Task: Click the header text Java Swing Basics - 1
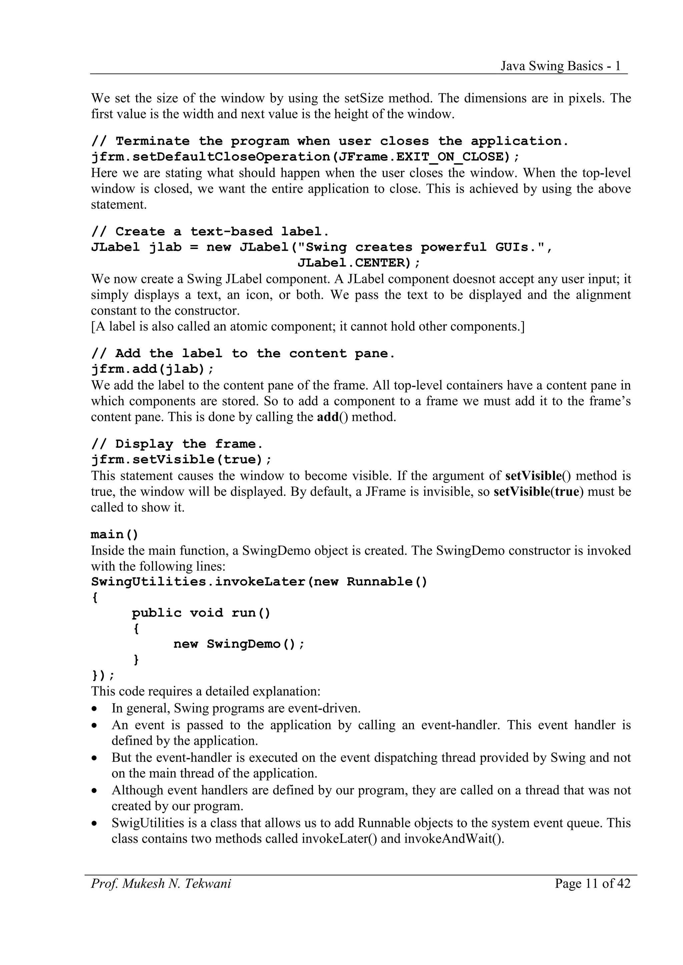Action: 561,66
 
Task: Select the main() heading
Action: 114,534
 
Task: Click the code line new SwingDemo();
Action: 238,644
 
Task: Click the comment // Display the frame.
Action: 177,444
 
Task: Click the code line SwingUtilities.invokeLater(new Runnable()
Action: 259,582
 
